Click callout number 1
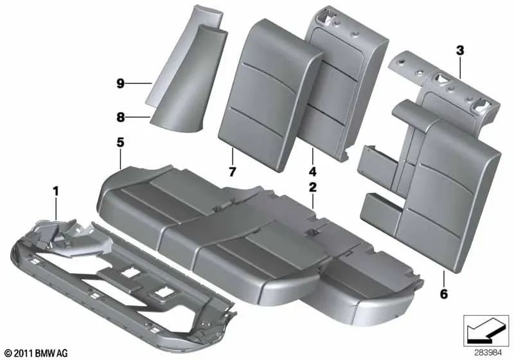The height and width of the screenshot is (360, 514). tap(55, 190)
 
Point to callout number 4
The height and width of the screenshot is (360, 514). tap(312, 172)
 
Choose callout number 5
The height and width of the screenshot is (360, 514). tap(120, 142)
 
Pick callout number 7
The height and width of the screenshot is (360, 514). tap(233, 172)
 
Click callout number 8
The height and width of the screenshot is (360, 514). tap(120, 117)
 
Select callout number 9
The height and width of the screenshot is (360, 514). tap(120, 83)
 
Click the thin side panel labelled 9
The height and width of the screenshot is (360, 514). tap(164, 64)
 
